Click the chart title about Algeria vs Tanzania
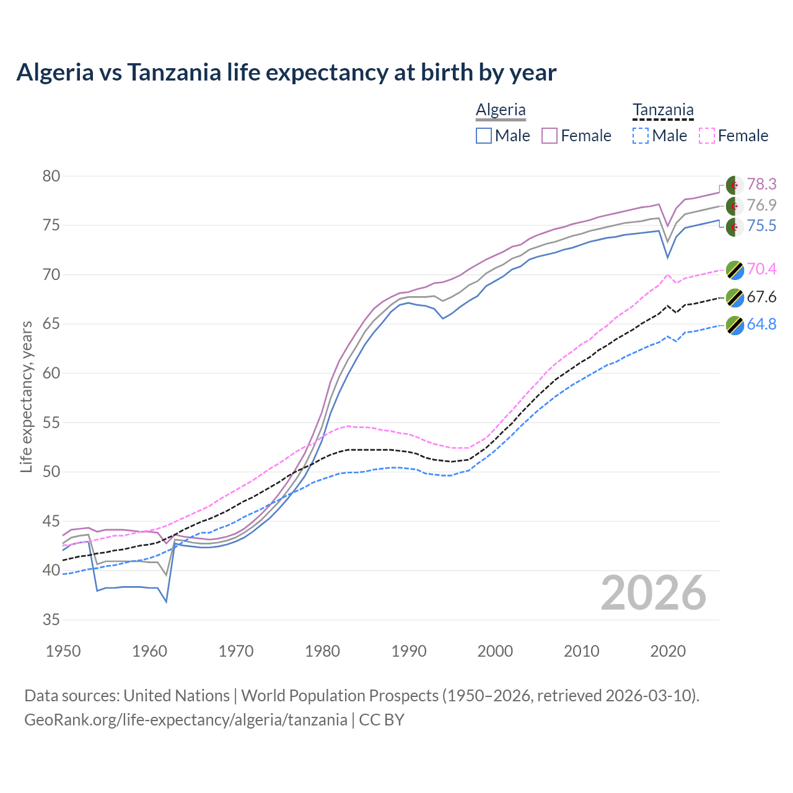286,72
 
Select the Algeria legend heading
501,110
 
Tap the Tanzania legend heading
662,110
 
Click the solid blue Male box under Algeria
484,136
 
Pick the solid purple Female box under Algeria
550,136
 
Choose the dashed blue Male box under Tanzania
641,136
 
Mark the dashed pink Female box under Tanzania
706,136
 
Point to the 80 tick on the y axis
51,176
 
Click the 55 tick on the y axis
51,423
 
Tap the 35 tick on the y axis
51,620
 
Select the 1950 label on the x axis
63,651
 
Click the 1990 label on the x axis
409,651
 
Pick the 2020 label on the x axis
668,651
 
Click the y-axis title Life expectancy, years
26,396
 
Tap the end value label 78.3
761,185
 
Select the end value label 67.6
761,297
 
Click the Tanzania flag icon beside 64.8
735,325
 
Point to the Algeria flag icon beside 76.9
735,206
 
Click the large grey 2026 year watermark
654,593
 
